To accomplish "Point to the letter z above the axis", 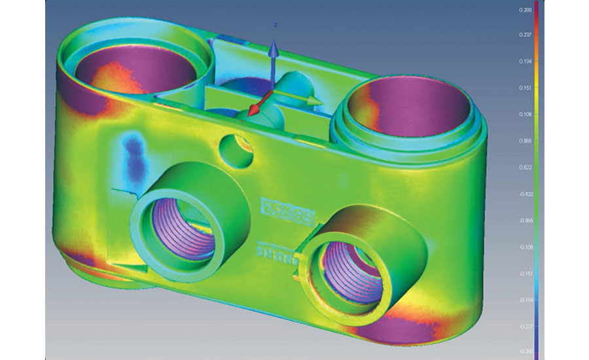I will click(x=276, y=24).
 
